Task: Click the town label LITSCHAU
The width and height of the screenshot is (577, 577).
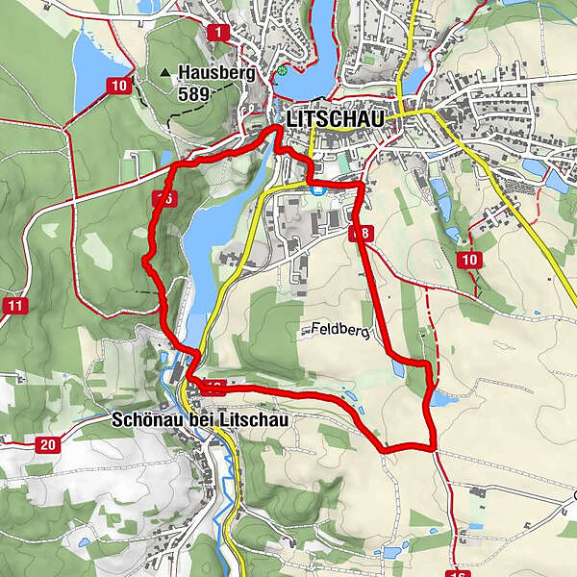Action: click(x=335, y=118)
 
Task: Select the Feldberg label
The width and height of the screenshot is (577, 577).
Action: click(x=339, y=330)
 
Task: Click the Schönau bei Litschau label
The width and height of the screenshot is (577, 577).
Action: click(x=199, y=420)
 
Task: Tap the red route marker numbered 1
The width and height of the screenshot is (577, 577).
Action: click(x=219, y=33)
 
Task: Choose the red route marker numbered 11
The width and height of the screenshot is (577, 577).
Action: click(x=13, y=306)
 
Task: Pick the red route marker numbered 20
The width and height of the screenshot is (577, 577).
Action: click(x=46, y=444)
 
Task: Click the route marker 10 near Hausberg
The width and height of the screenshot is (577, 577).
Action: click(x=119, y=86)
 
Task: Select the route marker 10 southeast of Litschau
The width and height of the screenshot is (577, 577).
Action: click(x=469, y=260)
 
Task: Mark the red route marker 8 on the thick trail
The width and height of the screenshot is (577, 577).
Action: click(x=362, y=233)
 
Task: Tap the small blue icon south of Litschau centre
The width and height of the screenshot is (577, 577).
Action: click(x=316, y=189)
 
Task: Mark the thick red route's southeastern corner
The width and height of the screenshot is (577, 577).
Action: click(x=433, y=445)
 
